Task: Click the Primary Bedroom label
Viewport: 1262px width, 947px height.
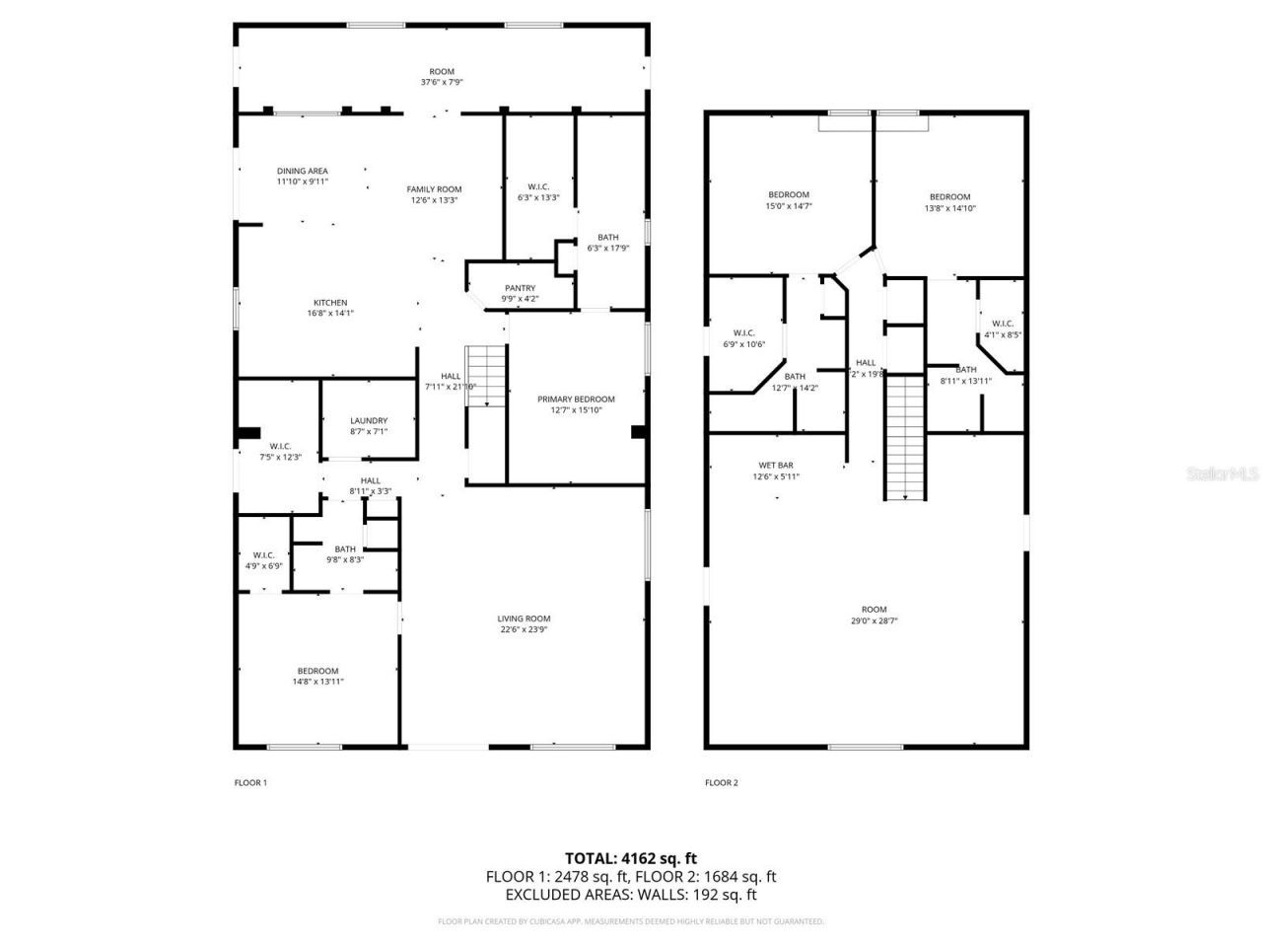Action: [x=576, y=400]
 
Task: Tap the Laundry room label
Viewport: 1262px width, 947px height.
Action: [x=369, y=421]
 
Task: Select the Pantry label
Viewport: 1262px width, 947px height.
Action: [x=520, y=288]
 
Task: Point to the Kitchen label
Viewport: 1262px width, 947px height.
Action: [x=330, y=303]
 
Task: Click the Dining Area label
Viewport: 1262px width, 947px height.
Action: [x=302, y=171]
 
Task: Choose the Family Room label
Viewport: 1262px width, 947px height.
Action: [x=434, y=189]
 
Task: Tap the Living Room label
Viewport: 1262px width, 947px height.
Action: [x=524, y=619]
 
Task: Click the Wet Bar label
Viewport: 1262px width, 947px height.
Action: [x=775, y=465]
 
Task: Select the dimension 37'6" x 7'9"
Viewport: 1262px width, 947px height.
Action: [x=441, y=83]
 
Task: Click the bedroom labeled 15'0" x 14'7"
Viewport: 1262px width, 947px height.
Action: [x=788, y=201]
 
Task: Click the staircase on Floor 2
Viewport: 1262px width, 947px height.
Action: [x=904, y=439]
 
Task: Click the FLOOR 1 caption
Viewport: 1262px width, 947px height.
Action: [x=250, y=783]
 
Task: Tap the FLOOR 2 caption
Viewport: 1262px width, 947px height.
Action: [x=721, y=783]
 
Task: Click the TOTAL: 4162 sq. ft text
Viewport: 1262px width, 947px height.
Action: [x=630, y=858]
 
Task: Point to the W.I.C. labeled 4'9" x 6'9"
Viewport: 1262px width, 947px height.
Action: [x=263, y=560]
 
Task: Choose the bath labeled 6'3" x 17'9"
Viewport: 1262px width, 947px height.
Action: [x=607, y=243]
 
